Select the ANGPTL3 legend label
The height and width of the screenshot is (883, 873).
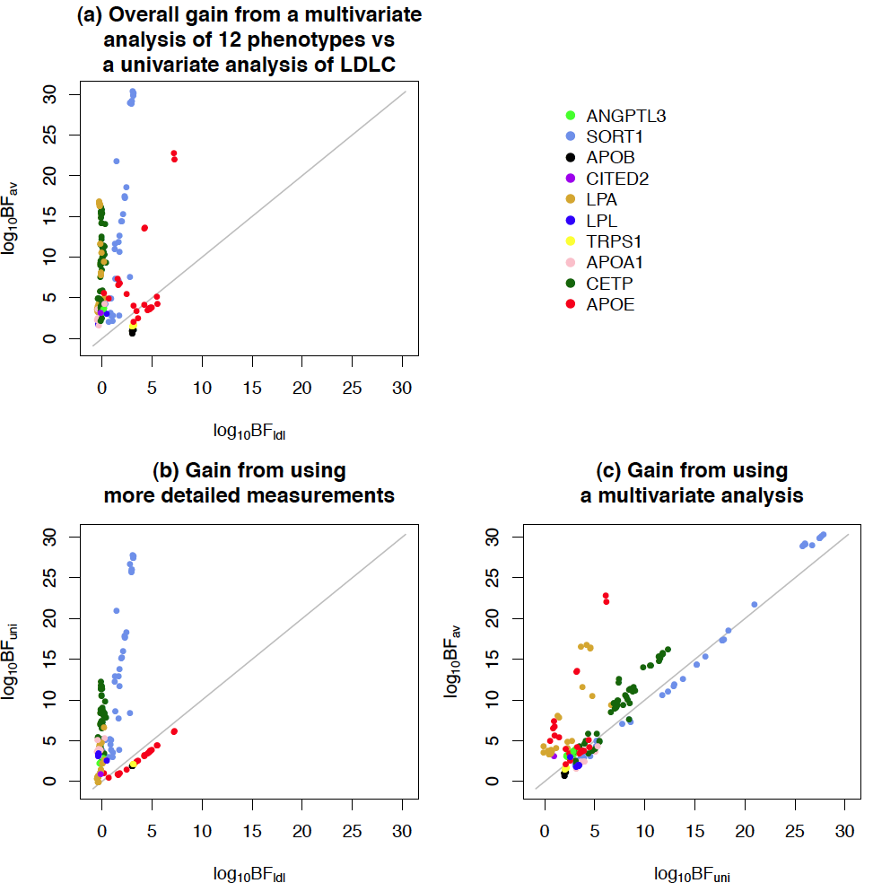[625, 116]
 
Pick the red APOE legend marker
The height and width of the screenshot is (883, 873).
[571, 304]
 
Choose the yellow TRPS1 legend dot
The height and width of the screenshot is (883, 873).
[571, 241]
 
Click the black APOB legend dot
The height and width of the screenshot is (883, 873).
[571, 158]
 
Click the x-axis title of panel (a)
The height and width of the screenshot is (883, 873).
[249, 433]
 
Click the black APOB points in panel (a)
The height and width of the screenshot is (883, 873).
[133, 332]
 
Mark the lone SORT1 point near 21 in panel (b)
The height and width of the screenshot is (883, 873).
[116, 611]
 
